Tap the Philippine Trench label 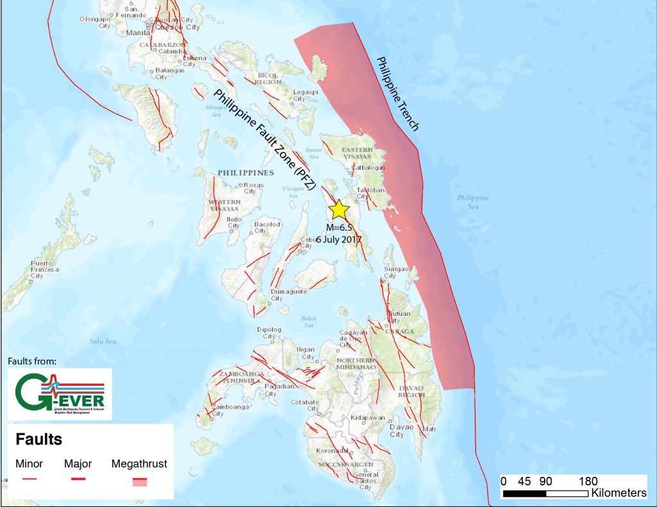coord(397,94)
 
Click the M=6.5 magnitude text coord(339,228)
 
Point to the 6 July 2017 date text coord(339,239)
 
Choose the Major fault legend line coord(78,479)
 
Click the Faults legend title coord(39,440)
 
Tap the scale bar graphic coord(545,494)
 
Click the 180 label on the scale coord(588,481)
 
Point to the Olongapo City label coord(95,22)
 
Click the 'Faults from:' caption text coord(32,362)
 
